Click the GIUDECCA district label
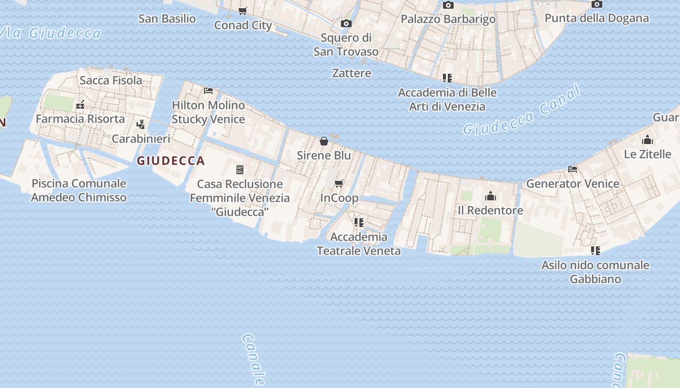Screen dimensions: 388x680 [170, 161]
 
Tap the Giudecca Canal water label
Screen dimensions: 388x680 [522, 112]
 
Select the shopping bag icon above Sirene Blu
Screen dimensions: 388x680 [324, 141]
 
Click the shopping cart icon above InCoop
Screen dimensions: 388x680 [339, 183]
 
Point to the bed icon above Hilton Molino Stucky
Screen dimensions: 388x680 [208, 90]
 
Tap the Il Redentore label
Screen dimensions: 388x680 [491, 210]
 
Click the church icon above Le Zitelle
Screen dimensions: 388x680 [647, 140]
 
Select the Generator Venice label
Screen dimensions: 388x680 [573, 184]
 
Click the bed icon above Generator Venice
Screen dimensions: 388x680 [573, 169]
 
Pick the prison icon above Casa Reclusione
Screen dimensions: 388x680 [240, 169]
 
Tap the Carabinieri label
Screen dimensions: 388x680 [141, 139]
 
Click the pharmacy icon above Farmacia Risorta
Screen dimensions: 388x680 [80, 105]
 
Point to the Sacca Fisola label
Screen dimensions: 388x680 [111, 81]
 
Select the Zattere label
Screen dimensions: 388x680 [352, 73]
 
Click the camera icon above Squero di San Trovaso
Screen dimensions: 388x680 [346, 23]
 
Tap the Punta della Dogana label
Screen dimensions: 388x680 [596, 18]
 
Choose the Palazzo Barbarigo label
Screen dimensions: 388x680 [448, 19]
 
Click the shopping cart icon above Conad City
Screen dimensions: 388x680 [242, 11]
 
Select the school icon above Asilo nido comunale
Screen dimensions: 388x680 [595, 251]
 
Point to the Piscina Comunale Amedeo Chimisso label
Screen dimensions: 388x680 [79, 191]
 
